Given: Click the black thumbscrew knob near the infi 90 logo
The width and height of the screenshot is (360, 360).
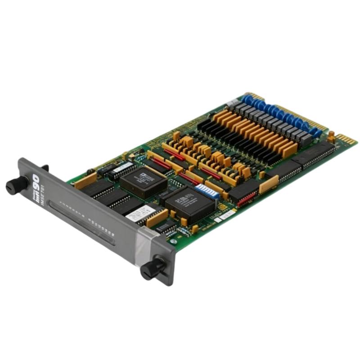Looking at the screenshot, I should (x=16, y=185).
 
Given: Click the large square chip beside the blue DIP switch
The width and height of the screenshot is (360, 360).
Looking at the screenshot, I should (x=190, y=205).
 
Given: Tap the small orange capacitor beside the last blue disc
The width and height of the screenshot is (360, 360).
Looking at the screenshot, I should (x=332, y=135).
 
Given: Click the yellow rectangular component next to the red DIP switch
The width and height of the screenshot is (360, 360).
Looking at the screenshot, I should (x=269, y=184).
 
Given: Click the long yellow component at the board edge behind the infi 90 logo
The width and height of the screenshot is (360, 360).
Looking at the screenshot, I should (x=85, y=181).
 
